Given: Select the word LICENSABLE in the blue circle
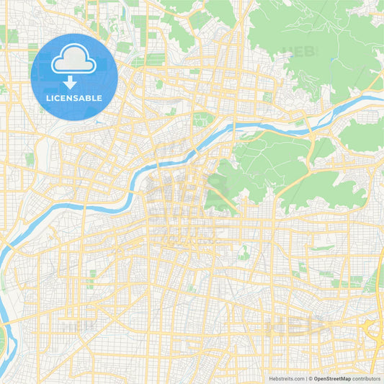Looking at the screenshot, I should pos(74,97).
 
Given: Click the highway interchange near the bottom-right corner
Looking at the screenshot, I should pos(374,331).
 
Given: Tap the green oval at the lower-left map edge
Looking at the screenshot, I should pos(2,339).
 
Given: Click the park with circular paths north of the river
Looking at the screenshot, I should pos(204,119).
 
